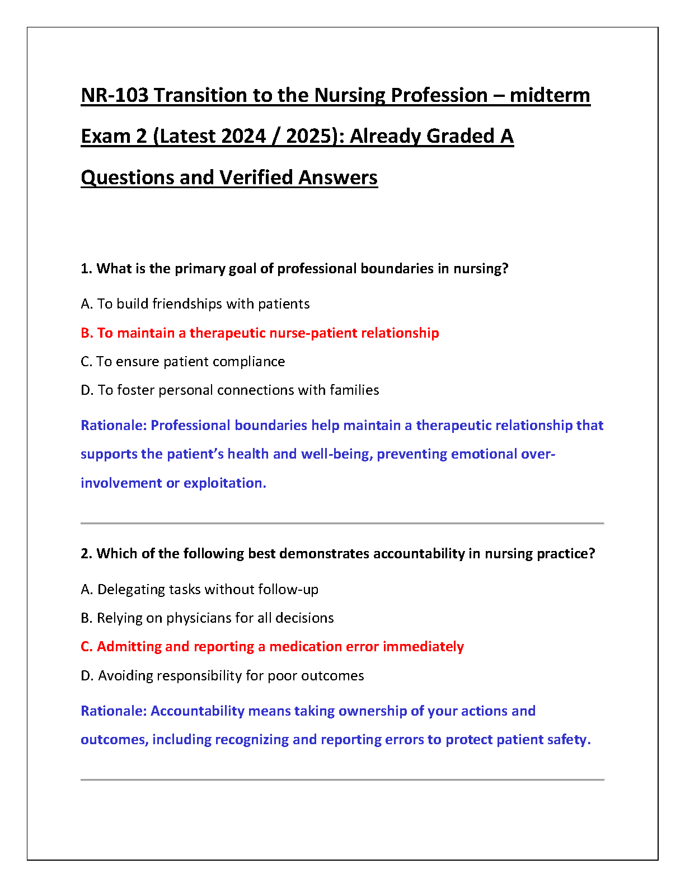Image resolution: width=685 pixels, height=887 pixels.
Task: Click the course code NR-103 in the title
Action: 115,95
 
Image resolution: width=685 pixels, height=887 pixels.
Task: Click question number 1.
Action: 86,269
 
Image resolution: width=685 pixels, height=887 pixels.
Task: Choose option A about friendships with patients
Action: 195,304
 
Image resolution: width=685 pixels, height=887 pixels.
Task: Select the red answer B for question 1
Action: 260,333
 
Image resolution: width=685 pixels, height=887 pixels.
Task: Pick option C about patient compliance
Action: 182,361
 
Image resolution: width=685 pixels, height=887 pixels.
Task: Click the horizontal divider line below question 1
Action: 342,523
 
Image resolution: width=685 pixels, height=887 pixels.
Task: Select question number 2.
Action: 86,554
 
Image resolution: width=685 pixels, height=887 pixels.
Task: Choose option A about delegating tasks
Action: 199,589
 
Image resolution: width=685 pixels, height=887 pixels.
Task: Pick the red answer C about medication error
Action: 272,646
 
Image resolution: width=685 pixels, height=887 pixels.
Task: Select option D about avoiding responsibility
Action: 222,675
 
